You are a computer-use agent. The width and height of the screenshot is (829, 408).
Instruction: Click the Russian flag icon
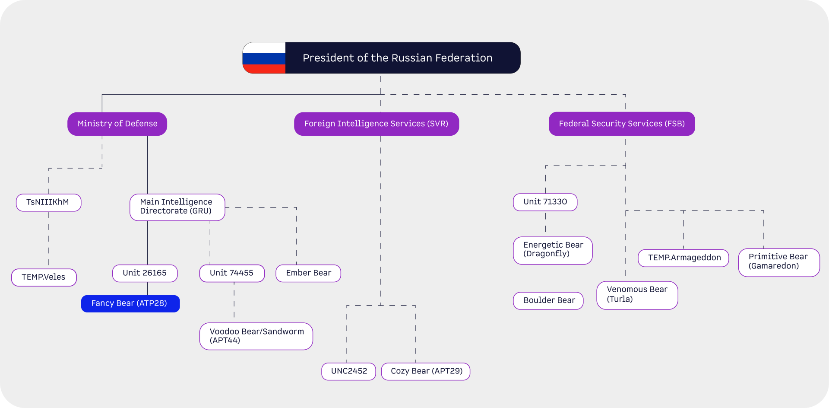264,58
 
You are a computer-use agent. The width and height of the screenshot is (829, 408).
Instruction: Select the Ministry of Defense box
117,124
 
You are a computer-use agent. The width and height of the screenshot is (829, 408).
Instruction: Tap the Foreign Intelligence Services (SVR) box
377,124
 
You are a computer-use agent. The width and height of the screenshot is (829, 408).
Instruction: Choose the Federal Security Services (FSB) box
622,124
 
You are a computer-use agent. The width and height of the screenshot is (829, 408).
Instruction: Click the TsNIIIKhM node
48,202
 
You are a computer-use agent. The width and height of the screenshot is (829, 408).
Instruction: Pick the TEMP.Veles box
44,277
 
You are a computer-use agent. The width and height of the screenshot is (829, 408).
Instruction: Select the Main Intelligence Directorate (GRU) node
177,207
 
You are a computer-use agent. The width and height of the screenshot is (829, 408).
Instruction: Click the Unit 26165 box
145,273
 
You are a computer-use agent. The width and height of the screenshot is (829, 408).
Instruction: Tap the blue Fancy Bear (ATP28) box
130,303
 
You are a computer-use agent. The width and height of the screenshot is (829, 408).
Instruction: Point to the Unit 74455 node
232,273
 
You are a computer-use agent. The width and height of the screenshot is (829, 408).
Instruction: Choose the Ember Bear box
308,273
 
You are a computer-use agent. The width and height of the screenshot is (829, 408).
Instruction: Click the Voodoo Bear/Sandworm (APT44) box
256,336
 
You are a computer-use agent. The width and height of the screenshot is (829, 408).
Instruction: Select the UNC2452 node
349,371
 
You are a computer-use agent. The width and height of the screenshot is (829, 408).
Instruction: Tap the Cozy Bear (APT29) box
426,371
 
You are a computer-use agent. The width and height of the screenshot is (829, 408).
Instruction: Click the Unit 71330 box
545,202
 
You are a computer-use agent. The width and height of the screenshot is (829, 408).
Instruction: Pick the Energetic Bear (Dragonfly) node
553,250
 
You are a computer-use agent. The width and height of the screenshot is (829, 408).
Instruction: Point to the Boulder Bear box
548,300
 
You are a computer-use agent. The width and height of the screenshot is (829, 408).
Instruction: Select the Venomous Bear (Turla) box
637,295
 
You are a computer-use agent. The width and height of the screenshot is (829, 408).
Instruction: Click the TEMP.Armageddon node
683,258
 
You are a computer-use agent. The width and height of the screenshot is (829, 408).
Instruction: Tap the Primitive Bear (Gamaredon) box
779,262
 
